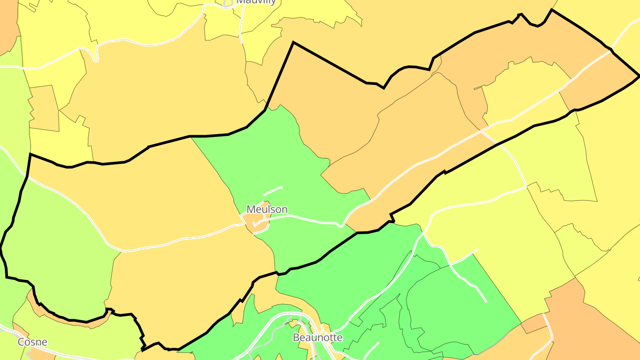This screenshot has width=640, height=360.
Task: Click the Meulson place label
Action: [x=267, y=209]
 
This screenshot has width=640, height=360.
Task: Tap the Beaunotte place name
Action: [x=317, y=338]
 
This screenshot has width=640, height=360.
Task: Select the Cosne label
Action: [x=32, y=342]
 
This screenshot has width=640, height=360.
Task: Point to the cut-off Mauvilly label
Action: [x=256, y=2]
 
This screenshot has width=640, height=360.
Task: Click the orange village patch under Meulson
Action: [x=255, y=222]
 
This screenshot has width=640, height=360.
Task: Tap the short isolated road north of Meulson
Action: [x=272, y=191]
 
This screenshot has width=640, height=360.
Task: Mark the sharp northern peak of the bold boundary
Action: [x=293, y=43]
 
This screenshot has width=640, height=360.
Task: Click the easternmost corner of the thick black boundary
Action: [x=639, y=76]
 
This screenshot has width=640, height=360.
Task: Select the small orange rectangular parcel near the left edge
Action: [x=44, y=108]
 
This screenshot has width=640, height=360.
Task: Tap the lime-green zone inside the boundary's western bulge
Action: [x=58, y=249]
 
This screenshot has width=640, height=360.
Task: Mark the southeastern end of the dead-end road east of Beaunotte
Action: [x=485, y=301]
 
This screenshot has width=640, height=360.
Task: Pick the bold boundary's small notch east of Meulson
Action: [x=392, y=218]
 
